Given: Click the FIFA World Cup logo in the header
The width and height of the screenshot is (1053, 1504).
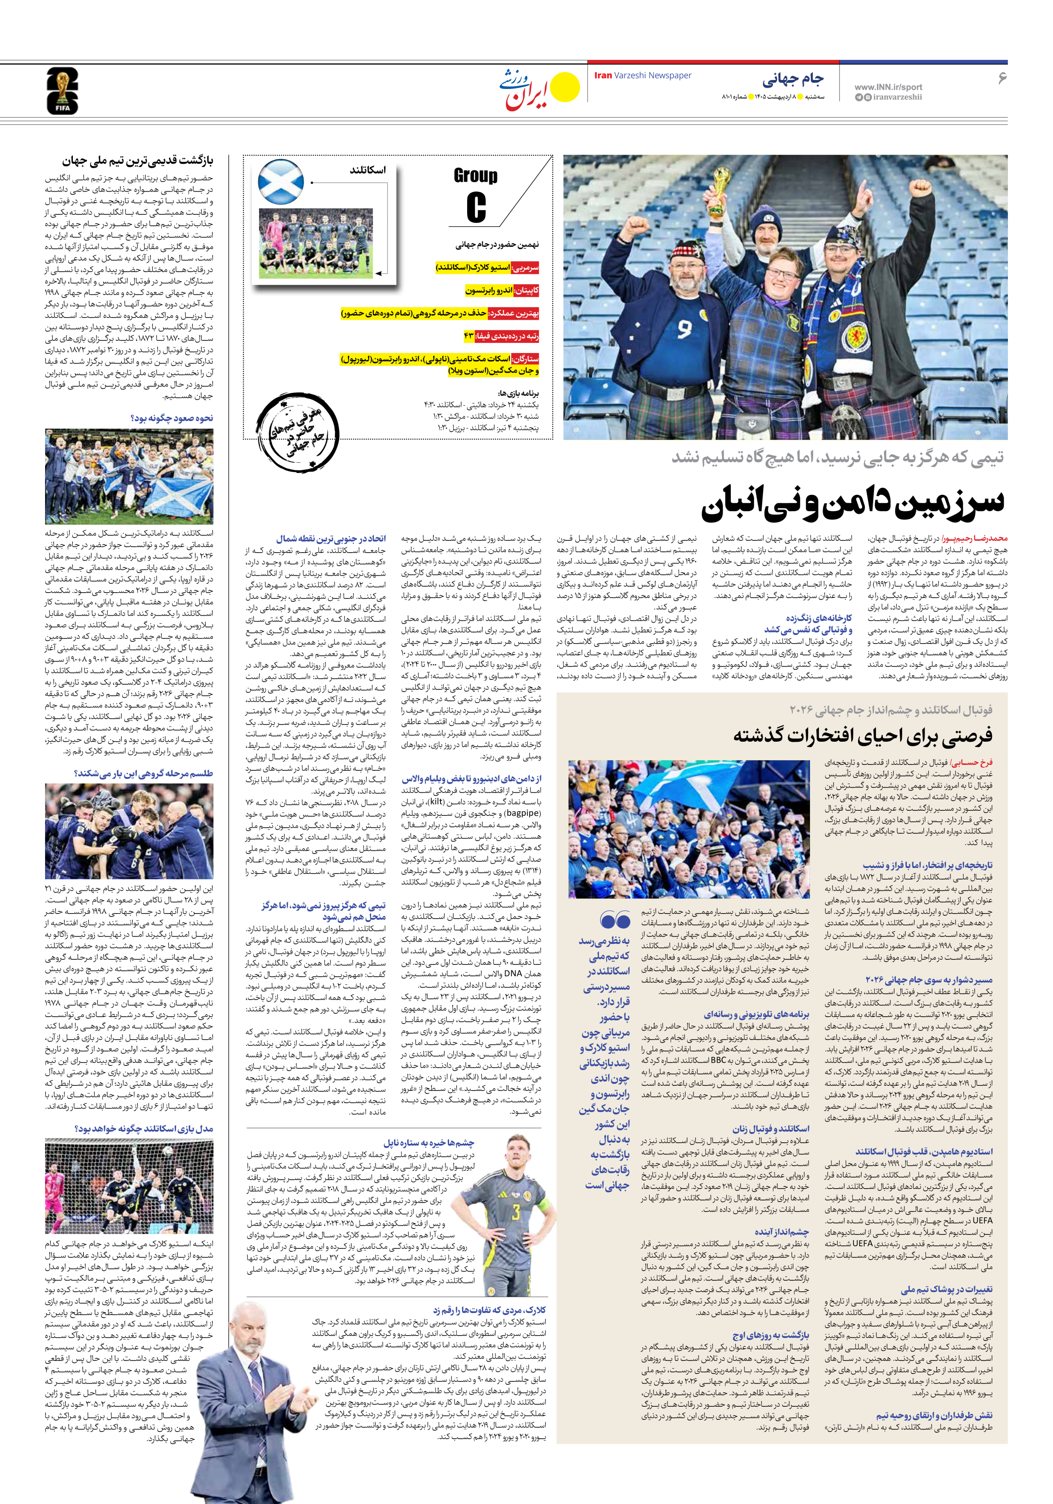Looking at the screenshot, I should [x=62, y=91].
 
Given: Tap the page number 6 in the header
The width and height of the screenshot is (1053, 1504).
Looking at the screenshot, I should [x=1002, y=78].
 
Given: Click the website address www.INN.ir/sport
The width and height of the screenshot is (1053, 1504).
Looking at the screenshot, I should [x=888, y=86].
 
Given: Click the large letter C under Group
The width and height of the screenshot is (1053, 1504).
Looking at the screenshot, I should [x=476, y=207].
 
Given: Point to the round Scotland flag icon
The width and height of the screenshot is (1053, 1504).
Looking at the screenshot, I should [x=281, y=182].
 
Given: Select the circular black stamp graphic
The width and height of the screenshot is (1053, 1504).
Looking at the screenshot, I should [x=297, y=433].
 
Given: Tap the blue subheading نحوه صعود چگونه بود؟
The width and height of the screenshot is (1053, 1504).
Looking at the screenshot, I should [x=172, y=418].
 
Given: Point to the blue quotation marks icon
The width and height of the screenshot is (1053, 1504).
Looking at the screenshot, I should [x=615, y=920].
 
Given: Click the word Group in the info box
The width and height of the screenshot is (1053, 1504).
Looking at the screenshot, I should [x=476, y=176].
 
